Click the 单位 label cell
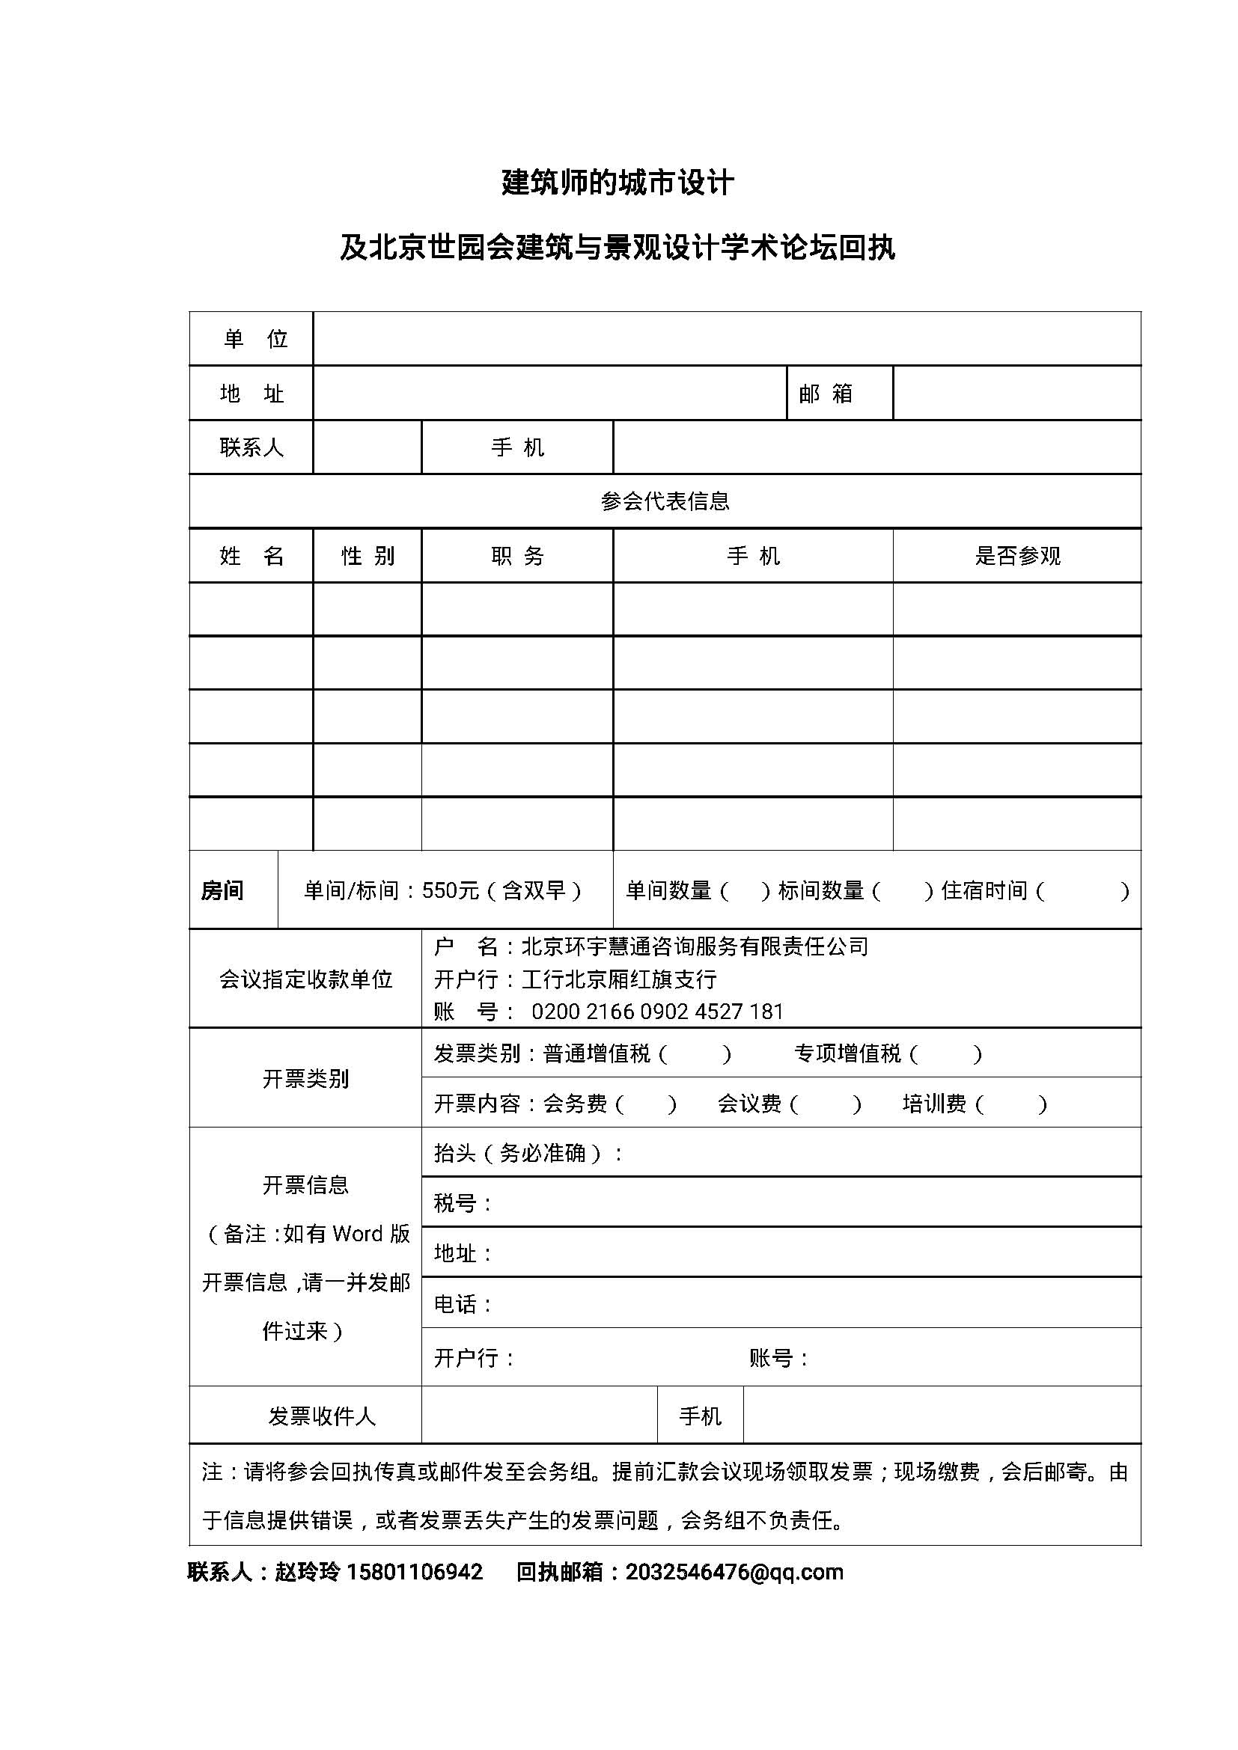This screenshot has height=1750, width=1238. tap(254, 338)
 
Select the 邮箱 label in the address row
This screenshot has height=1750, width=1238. tap(826, 394)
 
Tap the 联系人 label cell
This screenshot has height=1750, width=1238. tap(251, 447)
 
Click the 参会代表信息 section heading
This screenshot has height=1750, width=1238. tap(665, 501)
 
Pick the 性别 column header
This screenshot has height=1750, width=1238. tap(368, 556)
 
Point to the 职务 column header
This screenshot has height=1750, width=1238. tap(518, 556)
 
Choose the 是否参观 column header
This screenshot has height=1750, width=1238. tap(1017, 556)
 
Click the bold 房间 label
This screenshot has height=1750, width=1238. tap(222, 890)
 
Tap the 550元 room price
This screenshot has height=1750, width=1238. tap(450, 890)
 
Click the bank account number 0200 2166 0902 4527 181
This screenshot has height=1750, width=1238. tap(657, 1012)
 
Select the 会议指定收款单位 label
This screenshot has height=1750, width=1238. tap(305, 979)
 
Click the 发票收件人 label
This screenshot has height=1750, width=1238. tap(321, 1416)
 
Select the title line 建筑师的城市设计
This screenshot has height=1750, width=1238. tap(618, 183)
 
